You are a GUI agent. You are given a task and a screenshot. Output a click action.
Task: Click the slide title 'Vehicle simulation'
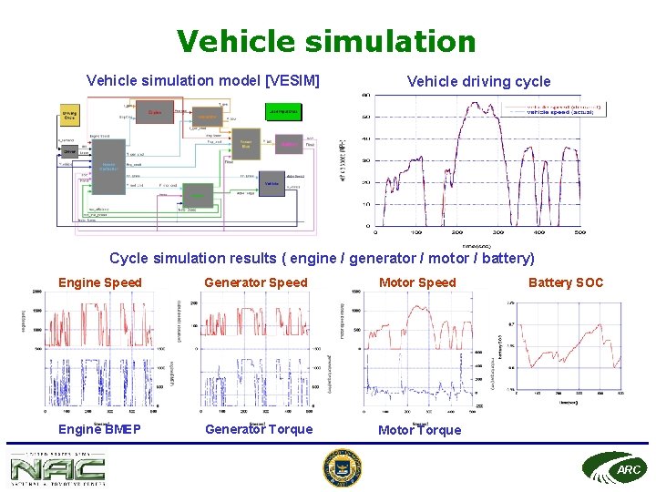[326, 41]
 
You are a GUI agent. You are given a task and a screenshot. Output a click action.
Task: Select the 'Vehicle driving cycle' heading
[478, 81]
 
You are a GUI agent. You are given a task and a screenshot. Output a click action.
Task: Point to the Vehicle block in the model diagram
[272, 183]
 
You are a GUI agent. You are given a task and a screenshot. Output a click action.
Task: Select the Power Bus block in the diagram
[246, 145]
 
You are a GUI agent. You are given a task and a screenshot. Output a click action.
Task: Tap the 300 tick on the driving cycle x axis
[498, 232]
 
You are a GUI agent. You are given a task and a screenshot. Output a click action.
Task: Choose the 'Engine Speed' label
[100, 282]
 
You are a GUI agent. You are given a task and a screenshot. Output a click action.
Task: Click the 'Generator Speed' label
[256, 282]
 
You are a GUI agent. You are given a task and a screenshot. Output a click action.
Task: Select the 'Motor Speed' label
[417, 282]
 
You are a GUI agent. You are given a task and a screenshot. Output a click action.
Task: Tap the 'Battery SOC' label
[566, 282]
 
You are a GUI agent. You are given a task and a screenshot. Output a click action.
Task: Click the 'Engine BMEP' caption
[99, 429]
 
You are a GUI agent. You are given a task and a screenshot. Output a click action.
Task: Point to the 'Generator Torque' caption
[259, 429]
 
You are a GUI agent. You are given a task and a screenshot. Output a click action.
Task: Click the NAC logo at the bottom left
[56, 468]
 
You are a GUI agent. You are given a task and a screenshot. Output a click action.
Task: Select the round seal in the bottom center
[343, 468]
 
